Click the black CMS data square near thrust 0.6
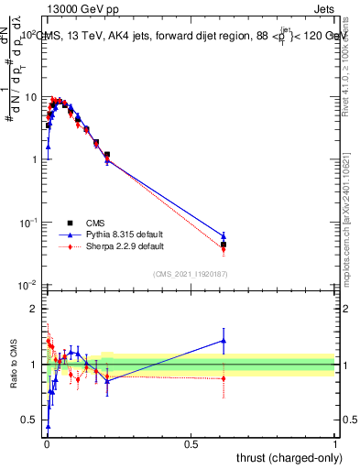[224, 245]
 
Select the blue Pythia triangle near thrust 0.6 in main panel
[224, 236]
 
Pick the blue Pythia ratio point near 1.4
[224, 341]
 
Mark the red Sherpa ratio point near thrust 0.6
[224, 378]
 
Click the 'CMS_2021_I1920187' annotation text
[191, 273]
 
